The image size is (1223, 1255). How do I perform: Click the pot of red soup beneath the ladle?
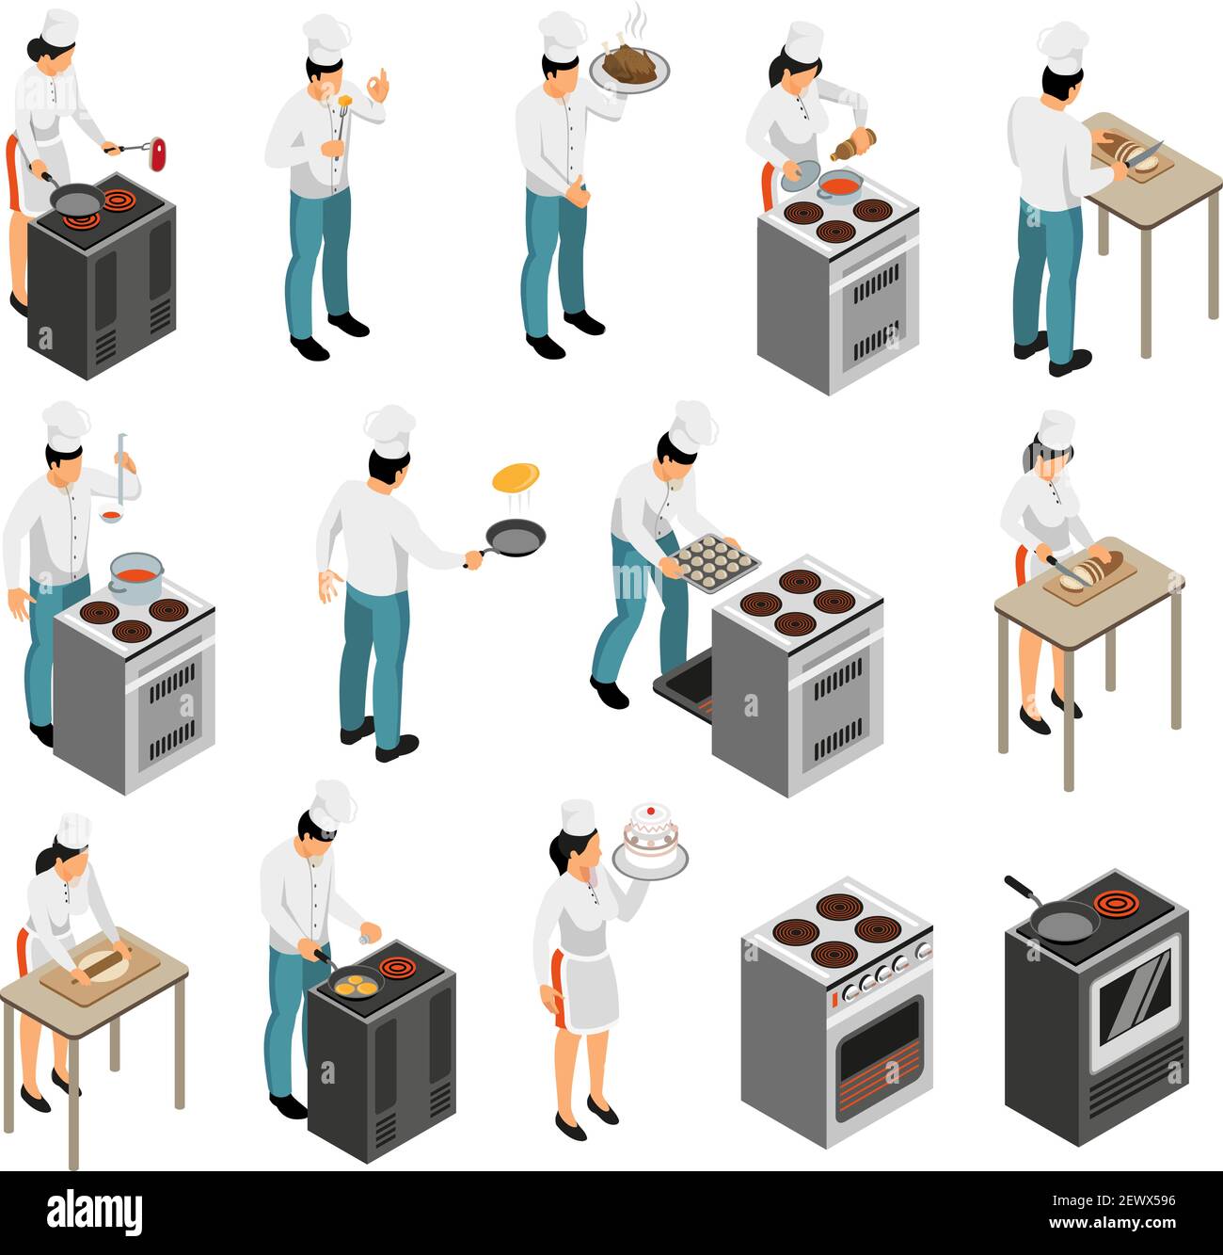136,575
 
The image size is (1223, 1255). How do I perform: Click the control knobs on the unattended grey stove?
882,974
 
